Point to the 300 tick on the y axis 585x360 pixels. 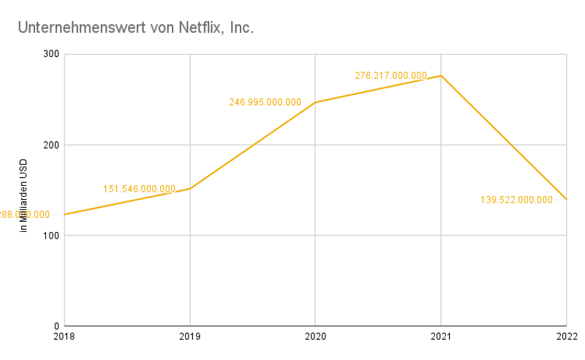coord(50,54)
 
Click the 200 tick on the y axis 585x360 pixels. coord(50,145)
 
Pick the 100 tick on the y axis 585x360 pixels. coord(50,236)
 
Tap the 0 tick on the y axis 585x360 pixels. coord(56,326)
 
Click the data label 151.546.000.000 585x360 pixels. coord(140,189)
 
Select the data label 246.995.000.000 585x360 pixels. coord(265,102)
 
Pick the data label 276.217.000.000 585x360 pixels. coord(391,75)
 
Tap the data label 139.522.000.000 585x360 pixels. coord(517,200)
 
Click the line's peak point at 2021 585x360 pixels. coord(441,75)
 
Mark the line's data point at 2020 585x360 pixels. coord(315,102)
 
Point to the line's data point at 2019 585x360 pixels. coord(190,189)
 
